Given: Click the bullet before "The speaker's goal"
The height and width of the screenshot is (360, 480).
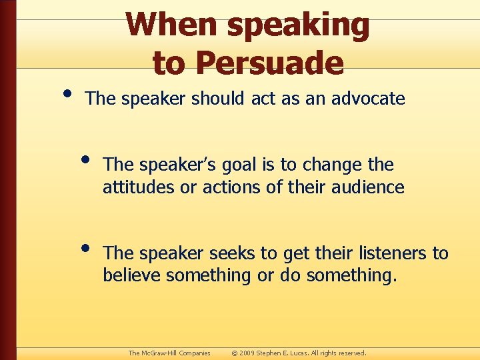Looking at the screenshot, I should pos(86,159).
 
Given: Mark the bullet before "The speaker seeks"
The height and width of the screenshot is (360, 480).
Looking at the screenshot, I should pos(86,248).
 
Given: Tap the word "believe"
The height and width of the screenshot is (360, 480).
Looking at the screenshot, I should pos(132,276).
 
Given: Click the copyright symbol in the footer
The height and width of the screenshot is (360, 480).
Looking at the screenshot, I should pos(234,353).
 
